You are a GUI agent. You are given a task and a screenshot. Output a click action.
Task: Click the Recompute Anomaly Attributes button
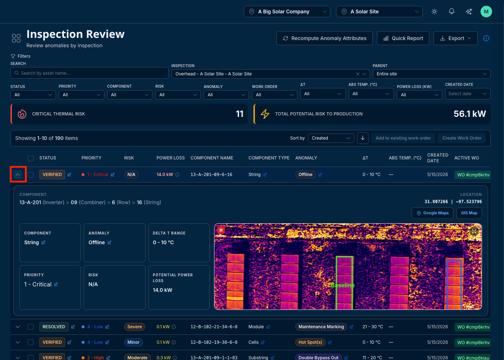coord(324,38)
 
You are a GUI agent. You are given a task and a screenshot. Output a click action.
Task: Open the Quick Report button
coord(403,38)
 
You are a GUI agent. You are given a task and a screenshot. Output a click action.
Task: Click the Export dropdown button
coord(455,38)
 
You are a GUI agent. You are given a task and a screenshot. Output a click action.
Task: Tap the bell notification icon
coord(451,12)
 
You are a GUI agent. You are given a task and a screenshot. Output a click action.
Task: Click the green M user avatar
coord(486,12)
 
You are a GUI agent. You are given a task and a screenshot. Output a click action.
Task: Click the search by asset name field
coord(89,73)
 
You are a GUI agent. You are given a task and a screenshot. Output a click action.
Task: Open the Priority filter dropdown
coord(82,95)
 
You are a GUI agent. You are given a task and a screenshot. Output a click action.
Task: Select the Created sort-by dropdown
coord(331,138)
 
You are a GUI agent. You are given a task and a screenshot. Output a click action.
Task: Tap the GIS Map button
coord(469,213)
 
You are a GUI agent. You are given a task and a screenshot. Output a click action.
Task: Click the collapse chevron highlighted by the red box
coord(18,175)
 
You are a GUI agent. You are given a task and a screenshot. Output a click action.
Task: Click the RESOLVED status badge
coord(54,327)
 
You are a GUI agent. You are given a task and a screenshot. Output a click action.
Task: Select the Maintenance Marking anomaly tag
coord(321,327)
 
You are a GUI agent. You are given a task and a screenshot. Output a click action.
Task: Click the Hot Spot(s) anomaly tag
coord(310,342)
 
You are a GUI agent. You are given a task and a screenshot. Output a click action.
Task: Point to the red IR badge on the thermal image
coord(221,230)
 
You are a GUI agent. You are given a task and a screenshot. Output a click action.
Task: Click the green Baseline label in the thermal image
coord(343,285)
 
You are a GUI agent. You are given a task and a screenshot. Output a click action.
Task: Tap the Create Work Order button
coord(462,138)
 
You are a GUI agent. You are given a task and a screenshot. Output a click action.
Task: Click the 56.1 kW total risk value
coord(470,114)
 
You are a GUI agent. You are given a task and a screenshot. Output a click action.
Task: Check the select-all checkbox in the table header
coord(31,158)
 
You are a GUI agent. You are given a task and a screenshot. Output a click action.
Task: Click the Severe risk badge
coord(135,327)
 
